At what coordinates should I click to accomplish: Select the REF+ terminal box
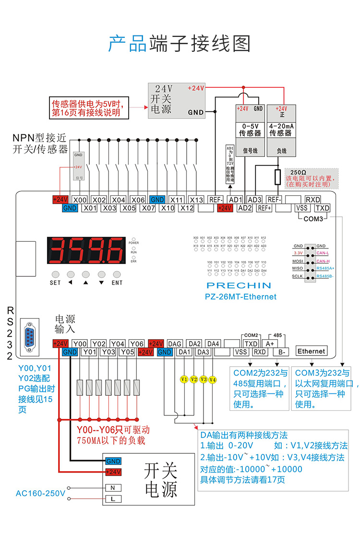264,208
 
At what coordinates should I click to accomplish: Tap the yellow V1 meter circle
183,379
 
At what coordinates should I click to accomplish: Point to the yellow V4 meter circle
213,379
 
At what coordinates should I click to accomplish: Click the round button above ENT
117,274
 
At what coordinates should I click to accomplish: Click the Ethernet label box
311,351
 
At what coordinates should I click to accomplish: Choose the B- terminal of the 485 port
281,352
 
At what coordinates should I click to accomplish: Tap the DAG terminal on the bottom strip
175,344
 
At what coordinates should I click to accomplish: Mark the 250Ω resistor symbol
277,177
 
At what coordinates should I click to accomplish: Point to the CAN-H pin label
322,261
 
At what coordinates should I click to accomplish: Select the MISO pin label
298,269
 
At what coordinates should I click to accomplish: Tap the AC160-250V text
40,493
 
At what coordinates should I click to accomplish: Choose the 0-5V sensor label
251,129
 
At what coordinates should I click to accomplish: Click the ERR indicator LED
133,258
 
